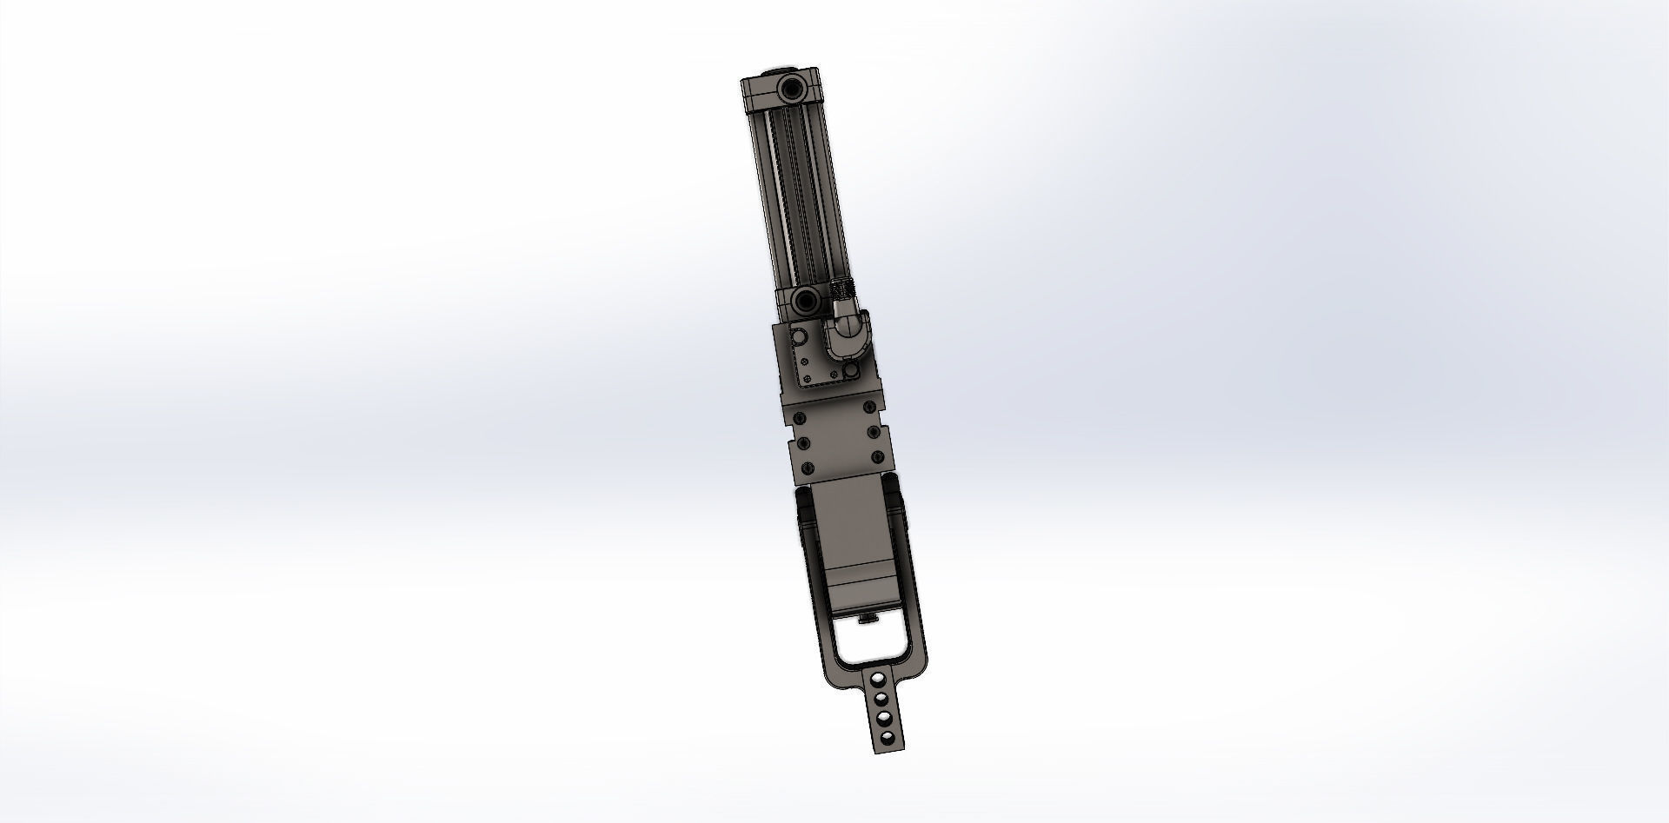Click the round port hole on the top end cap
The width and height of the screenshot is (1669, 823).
point(792,90)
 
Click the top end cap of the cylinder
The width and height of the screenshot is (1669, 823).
point(780,90)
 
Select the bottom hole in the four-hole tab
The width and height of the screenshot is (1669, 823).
point(888,738)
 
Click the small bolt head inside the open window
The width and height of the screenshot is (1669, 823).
point(868,618)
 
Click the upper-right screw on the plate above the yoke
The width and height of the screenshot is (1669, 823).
point(869,407)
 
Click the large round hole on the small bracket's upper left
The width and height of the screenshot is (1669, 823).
point(799,336)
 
